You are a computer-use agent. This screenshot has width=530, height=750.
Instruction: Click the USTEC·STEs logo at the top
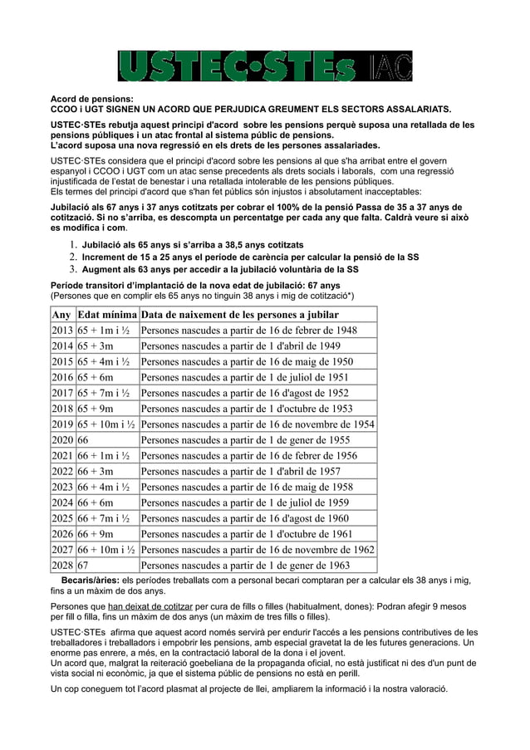(264, 66)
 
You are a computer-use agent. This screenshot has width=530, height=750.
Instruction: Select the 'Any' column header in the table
(61, 315)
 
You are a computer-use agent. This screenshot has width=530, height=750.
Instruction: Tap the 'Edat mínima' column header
(106, 315)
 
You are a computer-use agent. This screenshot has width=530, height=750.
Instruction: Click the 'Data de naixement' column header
(239, 315)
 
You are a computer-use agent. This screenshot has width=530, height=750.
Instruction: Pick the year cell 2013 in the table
(62, 331)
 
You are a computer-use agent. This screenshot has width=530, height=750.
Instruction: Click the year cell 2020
(62, 440)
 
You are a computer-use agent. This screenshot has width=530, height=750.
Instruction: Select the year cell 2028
(62, 566)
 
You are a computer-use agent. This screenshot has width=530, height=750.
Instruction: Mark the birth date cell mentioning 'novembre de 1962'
(258, 550)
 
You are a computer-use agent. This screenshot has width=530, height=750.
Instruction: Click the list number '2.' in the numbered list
(74, 257)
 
